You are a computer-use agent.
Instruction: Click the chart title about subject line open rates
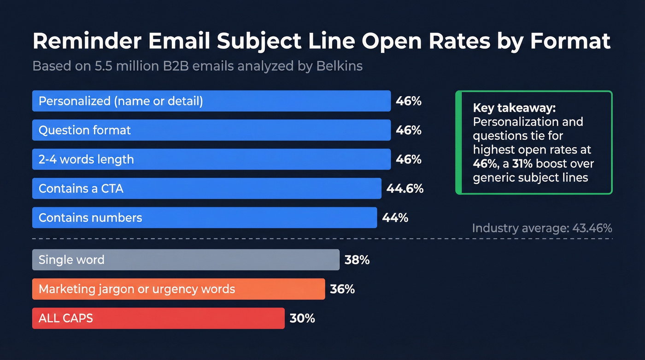pos(321,41)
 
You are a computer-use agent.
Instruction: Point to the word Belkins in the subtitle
pos(339,66)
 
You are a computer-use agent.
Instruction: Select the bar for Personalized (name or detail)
pos(211,101)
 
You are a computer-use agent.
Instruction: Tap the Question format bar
pos(211,130)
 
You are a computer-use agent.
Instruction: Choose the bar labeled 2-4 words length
pos(211,159)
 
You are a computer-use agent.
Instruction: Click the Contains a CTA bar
pos(206,189)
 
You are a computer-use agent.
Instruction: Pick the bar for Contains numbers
pos(204,218)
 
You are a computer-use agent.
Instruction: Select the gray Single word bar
pos(185,260)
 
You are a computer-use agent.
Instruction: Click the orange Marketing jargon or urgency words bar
pos(178,289)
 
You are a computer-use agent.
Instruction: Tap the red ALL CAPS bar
pos(158,318)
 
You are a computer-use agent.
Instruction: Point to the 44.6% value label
pos(405,189)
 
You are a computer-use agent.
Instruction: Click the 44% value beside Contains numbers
pos(395,218)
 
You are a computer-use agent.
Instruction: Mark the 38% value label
pos(357,260)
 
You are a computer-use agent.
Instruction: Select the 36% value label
pos(342,289)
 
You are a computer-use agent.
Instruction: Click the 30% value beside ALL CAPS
pos(302,318)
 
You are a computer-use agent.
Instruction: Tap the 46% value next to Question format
pos(409,130)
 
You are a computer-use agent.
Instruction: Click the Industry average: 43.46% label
pos(542,228)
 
